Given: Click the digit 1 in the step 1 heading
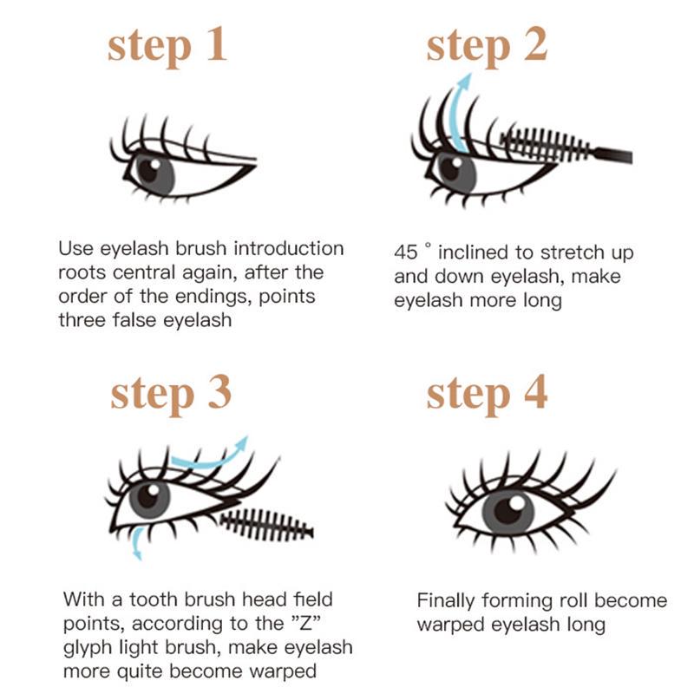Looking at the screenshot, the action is pos(217,43).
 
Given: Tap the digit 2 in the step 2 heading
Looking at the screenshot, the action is pos(535,43).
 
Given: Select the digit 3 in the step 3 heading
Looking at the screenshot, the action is pos(219,391).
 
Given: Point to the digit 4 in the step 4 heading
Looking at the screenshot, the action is pos(535,391).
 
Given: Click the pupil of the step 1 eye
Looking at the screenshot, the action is pos(147,170).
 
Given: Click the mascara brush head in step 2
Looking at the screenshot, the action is pos(546,144).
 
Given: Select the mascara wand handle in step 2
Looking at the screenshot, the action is pos(613,155).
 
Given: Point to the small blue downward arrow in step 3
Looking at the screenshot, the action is pos(137,542).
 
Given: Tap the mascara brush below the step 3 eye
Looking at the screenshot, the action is pos(266,525).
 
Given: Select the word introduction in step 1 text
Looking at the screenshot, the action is pos(289,248).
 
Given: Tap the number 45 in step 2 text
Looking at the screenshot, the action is pos(405,252).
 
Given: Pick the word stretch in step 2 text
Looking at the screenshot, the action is pos(572,252).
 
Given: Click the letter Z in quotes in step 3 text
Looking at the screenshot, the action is pos(306,623).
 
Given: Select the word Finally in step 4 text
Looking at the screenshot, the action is pos(446,601).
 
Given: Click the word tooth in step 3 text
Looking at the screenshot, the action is pos(154,599).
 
